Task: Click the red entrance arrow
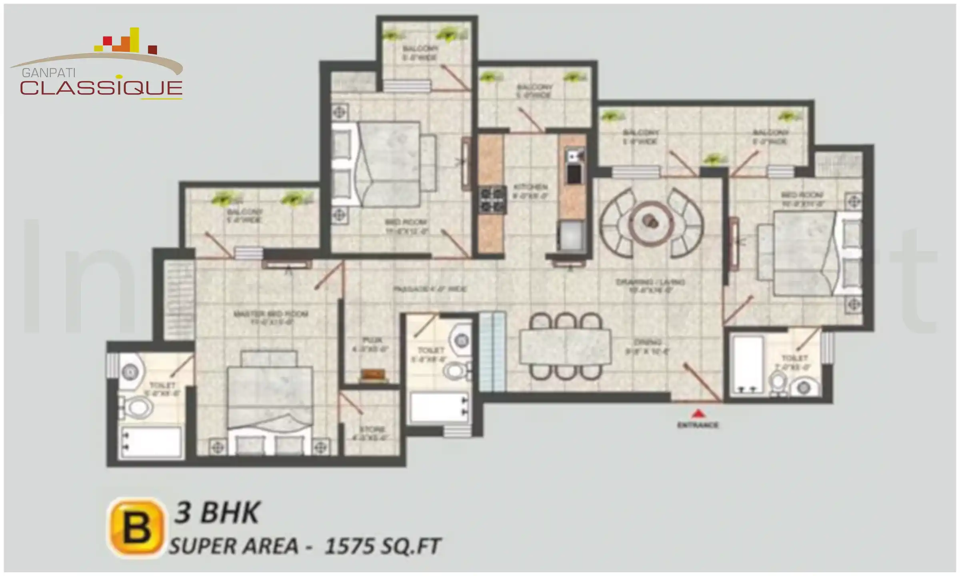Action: [698, 413]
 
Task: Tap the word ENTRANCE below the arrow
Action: [698, 425]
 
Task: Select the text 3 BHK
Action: [217, 513]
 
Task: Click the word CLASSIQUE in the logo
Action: [101, 88]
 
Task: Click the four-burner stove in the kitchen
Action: [492, 199]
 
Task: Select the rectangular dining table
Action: [565, 347]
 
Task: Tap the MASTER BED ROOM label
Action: [270, 314]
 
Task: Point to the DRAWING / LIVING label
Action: [650, 282]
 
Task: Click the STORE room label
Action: [372, 430]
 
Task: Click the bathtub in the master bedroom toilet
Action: [152, 442]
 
